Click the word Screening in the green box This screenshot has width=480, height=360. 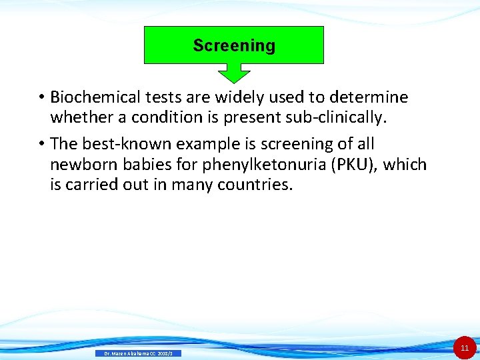click(x=234, y=46)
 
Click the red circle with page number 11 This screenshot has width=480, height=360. click(x=465, y=348)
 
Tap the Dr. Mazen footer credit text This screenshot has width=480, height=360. click(x=137, y=353)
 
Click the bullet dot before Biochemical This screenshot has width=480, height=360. click(x=41, y=98)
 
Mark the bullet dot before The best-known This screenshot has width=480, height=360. click(x=41, y=145)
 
